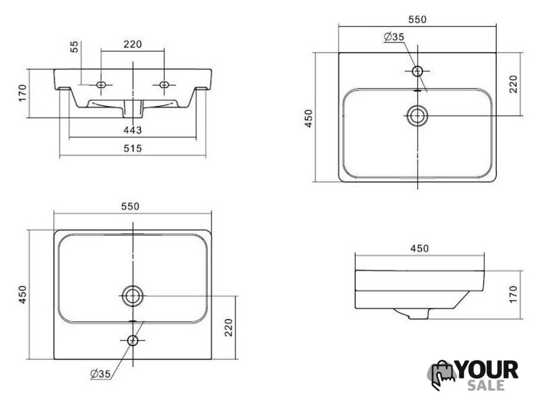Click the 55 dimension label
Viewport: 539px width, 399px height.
[74, 47]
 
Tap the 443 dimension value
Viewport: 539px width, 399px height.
[133, 130]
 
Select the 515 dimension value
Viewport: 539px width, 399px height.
[133, 148]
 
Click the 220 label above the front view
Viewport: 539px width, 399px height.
[133, 44]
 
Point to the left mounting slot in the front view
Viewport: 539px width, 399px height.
[101, 84]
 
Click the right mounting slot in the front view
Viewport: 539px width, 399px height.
[164, 84]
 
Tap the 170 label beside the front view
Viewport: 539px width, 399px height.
[22, 93]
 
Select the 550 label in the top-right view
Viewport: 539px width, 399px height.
[417, 20]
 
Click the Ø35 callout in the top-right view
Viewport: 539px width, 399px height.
[394, 37]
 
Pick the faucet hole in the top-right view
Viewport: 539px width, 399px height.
[417, 71]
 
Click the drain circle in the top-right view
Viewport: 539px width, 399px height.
[417, 116]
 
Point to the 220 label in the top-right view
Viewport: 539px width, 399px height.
[513, 84]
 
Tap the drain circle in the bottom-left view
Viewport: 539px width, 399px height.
[133, 296]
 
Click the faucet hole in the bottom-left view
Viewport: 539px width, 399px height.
[133, 341]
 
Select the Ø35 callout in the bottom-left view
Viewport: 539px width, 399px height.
[101, 373]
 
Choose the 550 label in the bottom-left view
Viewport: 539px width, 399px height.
[130, 206]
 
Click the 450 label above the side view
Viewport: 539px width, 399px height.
[420, 248]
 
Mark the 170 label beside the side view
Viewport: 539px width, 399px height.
[513, 294]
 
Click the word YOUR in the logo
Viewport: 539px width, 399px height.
[488, 370]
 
